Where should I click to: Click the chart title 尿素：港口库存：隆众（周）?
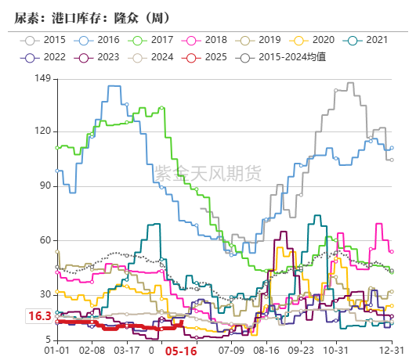(x=92, y=17)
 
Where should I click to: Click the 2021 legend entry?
(x=367, y=39)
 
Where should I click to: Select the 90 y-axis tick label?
(x=45, y=186)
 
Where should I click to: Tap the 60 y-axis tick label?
(x=45, y=240)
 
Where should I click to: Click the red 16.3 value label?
(x=39, y=316)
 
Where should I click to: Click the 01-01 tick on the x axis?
(x=57, y=351)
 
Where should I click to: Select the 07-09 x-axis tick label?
(x=232, y=351)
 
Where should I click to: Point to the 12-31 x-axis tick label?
(x=391, y=351)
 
